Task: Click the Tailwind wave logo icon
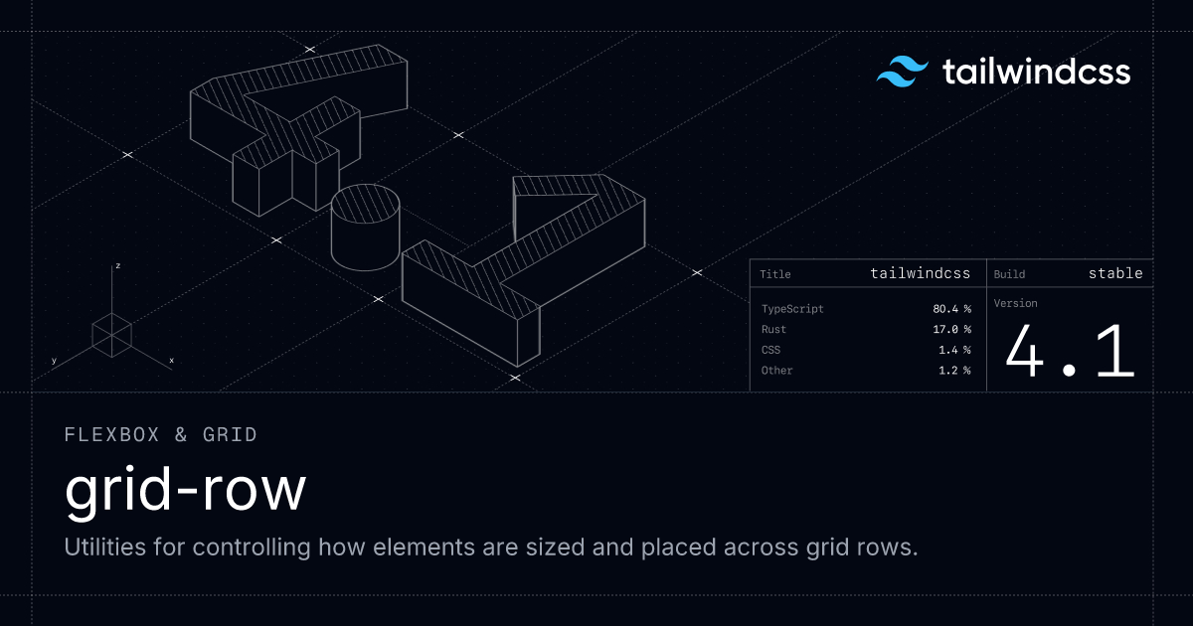pyautogui.click(x=902, y=73)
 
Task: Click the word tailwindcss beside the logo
pyautogui.click(x=1036, y=73)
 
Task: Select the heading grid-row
pyautogui.click(x=186, y=491)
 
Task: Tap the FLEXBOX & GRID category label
pyautogui.click(x=160, y=434)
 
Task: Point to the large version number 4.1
pyautogui.click(x=1070, y=352)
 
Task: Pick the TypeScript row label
pyautogui.click(x=792, y=309)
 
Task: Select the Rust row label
pyautogui.click(x=773, y=329)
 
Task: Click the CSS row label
pyautogui.click(x=770, y=350)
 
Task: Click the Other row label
pyautogui.click(x=776, y=371)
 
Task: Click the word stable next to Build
pyautogui.click(x=1115, y=273)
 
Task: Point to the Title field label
pyautogui.click(x=775, y=274)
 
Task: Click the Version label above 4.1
pyautogui.click(x=1015, y=303)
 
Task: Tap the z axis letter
pyautogui.click(x=117, y=266)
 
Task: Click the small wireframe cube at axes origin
pyautogui.click(x=111, y=334)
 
